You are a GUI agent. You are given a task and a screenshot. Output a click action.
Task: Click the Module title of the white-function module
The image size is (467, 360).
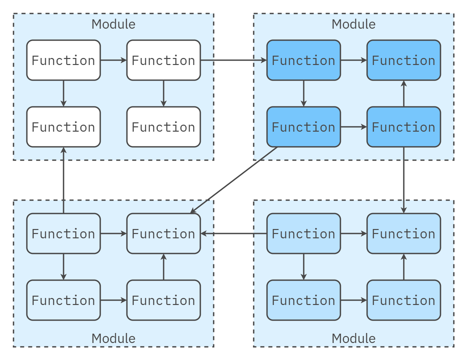pos(113,24)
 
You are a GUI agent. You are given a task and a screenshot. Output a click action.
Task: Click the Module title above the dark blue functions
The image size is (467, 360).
pos(354,24)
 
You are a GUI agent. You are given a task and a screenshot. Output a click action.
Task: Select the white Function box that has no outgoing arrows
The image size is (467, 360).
pos(163,127)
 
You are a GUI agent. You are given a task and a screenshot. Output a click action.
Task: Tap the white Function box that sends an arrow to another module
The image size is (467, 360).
pos(163,60)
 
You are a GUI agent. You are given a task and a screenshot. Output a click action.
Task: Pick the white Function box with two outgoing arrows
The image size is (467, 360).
pos(63,60)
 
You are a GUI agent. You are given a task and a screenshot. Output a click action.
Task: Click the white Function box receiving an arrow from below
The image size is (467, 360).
pos(63,127)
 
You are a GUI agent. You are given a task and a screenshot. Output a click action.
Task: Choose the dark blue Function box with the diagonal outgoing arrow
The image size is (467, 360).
pos(304,127)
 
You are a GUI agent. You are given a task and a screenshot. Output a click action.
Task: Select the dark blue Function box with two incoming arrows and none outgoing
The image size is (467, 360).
pos(404,60)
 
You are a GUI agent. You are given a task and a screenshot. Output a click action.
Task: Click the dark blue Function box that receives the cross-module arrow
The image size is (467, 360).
pos(304,60)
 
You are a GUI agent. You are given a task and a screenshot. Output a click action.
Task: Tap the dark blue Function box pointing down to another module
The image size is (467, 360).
pos(404,127)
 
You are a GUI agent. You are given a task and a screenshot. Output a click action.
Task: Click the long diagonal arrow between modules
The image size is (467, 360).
pos(233,180)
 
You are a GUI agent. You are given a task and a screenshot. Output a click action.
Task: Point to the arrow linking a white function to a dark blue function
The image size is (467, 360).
pos(233,60)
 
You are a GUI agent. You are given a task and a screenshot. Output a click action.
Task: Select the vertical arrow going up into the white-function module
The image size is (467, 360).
pos(63,180)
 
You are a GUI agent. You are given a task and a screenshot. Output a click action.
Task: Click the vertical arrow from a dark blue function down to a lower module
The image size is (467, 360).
pos(404,180)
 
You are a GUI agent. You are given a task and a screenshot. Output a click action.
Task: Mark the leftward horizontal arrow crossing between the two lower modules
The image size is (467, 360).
pos(233,234)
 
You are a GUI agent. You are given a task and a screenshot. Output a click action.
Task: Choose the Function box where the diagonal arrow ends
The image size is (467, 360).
pos(163,234)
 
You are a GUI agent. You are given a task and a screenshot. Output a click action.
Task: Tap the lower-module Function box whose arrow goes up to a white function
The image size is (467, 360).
pos(63,234)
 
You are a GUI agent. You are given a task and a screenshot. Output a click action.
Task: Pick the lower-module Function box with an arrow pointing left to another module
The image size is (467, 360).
pos(304,234)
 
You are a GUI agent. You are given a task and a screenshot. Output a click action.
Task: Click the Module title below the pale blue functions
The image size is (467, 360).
pos(354,338)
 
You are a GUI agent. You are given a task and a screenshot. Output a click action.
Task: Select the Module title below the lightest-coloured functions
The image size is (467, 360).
pos(113,338)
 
